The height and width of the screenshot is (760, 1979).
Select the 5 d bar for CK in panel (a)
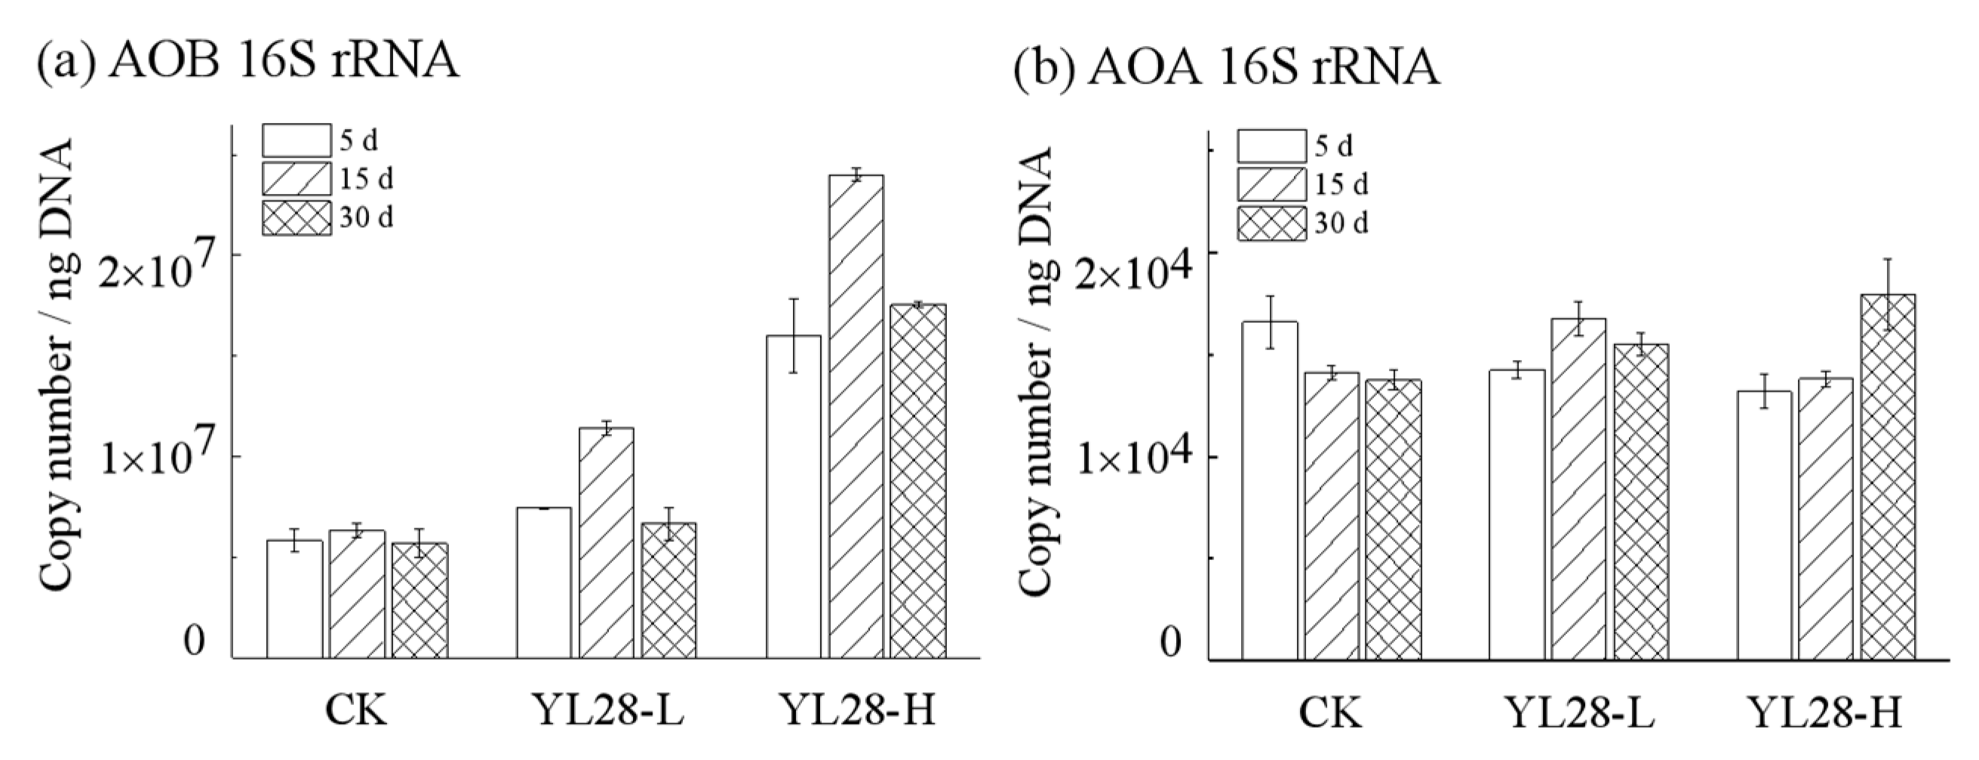pyautogui.click(x=294, y=598)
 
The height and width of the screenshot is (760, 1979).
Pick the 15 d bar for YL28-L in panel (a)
pyautogui.click(x=606, y=543)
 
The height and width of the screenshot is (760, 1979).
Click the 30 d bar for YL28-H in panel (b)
pyautogui.click(x=1888, y=476)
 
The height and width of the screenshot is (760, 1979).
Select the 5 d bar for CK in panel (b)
pyautogui.click(x=1270, y=491)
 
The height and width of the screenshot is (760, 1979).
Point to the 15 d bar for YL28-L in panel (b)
pyautogui.click(x=1578, y=489)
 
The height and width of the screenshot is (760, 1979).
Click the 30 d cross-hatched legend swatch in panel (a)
pyautogui.click(x=297, y=218)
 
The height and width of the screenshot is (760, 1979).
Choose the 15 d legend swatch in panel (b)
pyautogui.click(x=1271, y=184)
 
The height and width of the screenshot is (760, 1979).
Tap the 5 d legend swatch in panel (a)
pyautogui.click(x=297, y=140)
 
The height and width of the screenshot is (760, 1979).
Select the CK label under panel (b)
pyautogui.click(x=1330, y=713)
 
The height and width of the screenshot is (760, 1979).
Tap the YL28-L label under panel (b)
pyautogui.click(x=1578, y=713)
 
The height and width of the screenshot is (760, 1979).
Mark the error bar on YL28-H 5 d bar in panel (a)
pyautogui.click(x=794, y=336)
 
